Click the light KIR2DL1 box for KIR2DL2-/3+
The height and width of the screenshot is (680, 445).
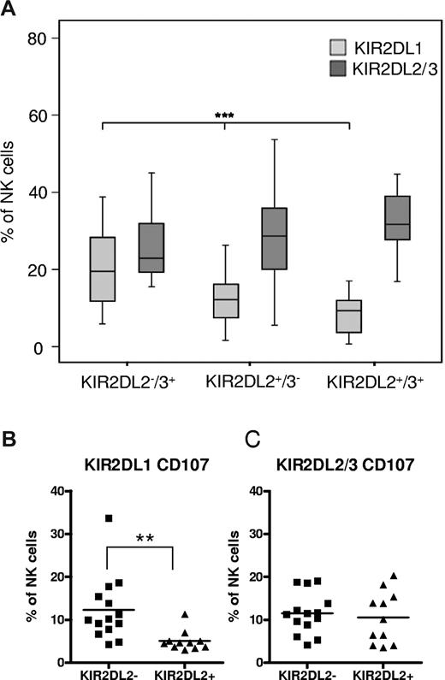(x=102, y=269)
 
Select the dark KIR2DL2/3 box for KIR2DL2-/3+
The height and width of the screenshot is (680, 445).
(x=151, y=248)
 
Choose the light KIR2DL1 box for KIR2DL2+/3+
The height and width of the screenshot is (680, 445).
(x=351, y=316)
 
